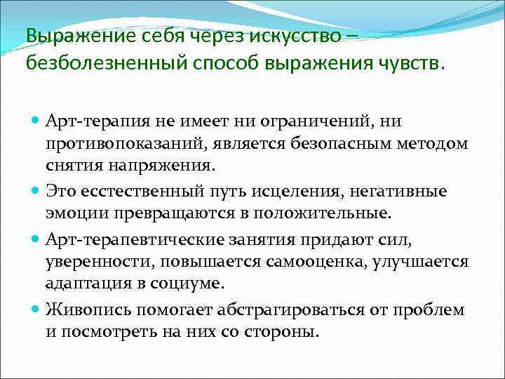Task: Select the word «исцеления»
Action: (x=259, y=191)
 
